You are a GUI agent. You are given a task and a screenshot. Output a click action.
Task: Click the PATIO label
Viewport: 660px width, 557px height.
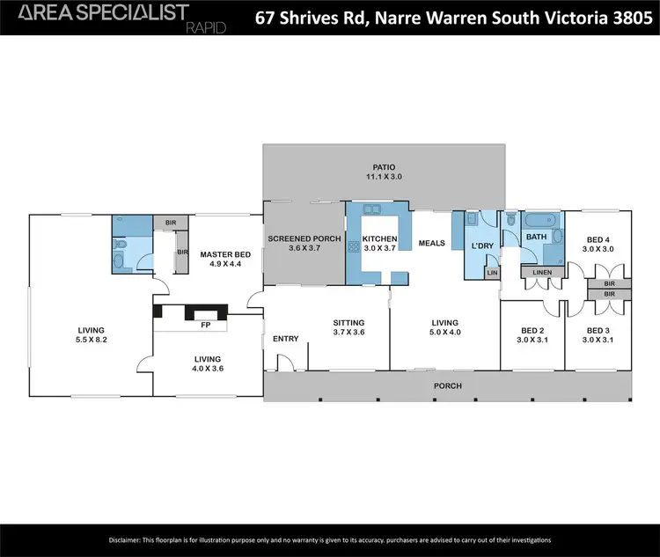tap(384, 166)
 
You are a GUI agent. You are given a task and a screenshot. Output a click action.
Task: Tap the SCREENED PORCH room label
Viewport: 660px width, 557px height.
tap(301, 238)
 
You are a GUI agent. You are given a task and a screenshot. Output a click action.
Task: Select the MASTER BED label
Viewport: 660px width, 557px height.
tap(225, 254)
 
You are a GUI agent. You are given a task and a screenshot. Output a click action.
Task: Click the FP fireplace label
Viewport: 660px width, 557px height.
tap(205, 325)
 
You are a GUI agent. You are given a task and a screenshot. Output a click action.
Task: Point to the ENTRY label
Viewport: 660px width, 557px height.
tap(285, 339)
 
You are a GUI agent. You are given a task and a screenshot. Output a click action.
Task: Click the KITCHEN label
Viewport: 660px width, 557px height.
tap(378, 238)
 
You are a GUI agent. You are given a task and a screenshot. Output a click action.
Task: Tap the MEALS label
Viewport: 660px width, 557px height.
tap(431, 244)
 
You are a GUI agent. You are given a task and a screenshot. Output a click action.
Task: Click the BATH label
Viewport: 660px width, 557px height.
tap(536, 238)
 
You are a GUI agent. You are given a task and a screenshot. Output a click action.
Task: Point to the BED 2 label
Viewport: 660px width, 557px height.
tap(532, 331)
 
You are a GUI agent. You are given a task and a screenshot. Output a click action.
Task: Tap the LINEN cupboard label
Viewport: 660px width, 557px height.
tap(542, 273)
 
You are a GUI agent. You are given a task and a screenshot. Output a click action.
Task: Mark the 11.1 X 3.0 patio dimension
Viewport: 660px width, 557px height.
tap(384, 177)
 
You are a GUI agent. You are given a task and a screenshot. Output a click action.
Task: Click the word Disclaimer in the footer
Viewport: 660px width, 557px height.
tap(128, 539)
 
